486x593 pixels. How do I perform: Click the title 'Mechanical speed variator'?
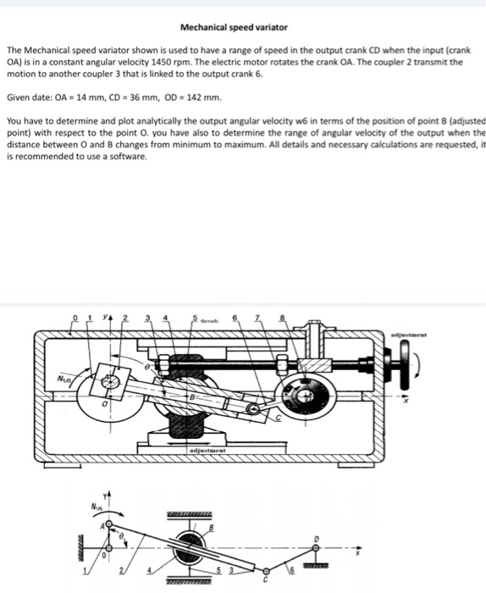pos(243,28)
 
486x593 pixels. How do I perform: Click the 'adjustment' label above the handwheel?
pos(447,336)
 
